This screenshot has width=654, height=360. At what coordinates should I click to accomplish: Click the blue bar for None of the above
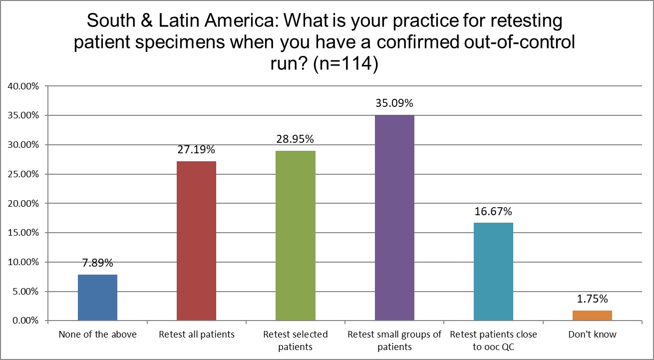[98, 297]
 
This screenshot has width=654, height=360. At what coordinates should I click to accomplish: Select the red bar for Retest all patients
[197, 241]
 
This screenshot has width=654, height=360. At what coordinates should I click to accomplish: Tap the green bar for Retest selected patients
[296, 235]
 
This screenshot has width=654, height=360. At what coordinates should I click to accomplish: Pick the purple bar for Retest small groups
[394, 218]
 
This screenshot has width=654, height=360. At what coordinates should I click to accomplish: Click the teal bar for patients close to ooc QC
[493, 271]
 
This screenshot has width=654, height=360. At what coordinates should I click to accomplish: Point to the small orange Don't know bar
[592, 315]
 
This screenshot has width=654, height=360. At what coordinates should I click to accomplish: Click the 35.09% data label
[394, 104]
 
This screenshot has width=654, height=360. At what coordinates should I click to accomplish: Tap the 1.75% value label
[592, 299]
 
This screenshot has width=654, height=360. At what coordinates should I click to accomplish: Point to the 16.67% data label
[493, 212]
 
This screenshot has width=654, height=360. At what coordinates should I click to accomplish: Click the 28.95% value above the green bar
[296, 140]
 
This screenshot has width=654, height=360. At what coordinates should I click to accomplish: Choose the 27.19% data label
[197, 150]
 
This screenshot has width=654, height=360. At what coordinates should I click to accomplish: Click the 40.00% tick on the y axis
[23, 86]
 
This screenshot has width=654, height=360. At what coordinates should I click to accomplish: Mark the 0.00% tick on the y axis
[25, 321]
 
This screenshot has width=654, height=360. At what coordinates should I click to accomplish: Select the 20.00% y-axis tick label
[23, 203]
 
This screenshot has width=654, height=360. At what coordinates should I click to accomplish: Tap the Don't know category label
[592, 335]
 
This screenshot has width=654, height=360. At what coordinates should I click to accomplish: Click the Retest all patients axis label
[197, 335]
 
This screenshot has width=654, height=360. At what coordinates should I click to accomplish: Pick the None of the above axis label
[98, 335]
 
